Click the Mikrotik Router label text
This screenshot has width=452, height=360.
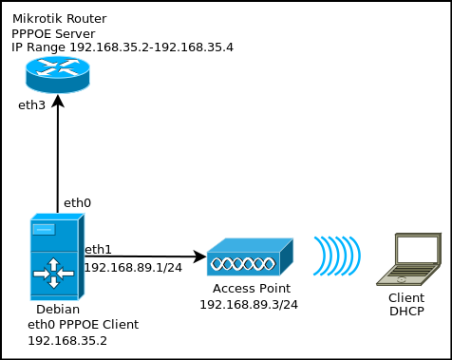coord(59,19)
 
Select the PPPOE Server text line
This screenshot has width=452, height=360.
coord(53,33)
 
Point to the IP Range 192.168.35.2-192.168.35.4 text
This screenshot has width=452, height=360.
coord(122,47)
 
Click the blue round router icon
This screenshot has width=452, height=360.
coord(57,73)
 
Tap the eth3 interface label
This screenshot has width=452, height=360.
coord(31,104)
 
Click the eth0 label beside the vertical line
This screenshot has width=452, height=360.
coord(77,203)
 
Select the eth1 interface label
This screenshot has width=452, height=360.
coord(99,250)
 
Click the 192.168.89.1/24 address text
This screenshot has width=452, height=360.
coord(133,268)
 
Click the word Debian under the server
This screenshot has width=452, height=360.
coord(58,310)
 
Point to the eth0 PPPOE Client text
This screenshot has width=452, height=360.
coord(83,324)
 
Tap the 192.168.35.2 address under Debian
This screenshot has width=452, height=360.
coord(66,339)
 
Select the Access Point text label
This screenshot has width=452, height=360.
coord(251,289)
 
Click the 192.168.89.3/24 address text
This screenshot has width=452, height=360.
coord(249,305)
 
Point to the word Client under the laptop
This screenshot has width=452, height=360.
coord(405,298)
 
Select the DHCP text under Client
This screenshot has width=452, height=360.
coord(405,311)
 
